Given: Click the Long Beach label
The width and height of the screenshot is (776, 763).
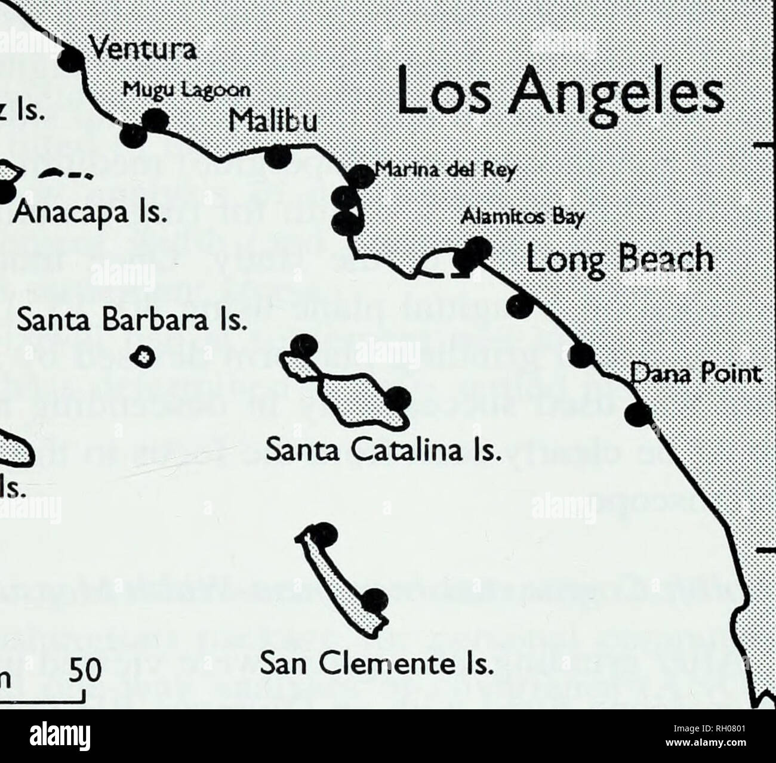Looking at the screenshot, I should (x=620, y=260).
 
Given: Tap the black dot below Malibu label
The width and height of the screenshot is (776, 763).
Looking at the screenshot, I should (x=278, y=157).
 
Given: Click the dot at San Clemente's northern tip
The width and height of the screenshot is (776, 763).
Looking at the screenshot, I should (x=325, y=533).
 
